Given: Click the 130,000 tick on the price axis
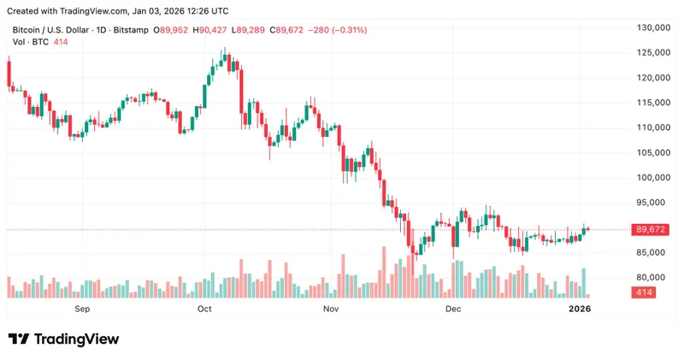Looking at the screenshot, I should click(x=648, y=28).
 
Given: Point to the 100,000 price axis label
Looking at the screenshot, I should click(x=648, y=178).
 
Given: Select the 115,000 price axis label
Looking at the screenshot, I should click(x=648, y=103).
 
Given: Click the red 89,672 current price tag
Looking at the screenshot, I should click(x=647, y=229).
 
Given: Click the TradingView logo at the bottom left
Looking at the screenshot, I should click(x=63, y=339).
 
